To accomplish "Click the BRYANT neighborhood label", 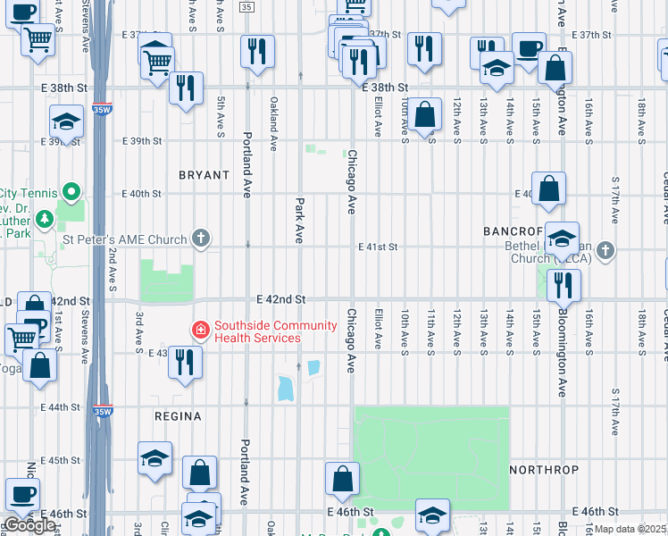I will [x=204, y=175].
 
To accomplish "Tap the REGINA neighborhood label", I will [x=179, y=416].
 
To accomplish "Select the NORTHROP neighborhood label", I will [x=544, y=469].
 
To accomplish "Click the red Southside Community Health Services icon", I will [x=201, y=331].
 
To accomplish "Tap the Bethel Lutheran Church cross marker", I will [x=606, y=250].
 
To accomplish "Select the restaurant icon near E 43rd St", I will [x=185, y=361].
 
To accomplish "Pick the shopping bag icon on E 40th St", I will [x=549, y=188].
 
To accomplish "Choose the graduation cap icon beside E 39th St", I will [x=66, y=121].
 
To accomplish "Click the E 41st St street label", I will [x=378, y=247].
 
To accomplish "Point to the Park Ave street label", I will [x=300, y=220].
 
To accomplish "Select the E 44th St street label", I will [x=61, y=407].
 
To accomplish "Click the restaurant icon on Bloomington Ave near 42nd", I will [x=564, y=285].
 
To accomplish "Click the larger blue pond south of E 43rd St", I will [x=285, y=389].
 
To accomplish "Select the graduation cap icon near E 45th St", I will [x=155, y=458].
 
